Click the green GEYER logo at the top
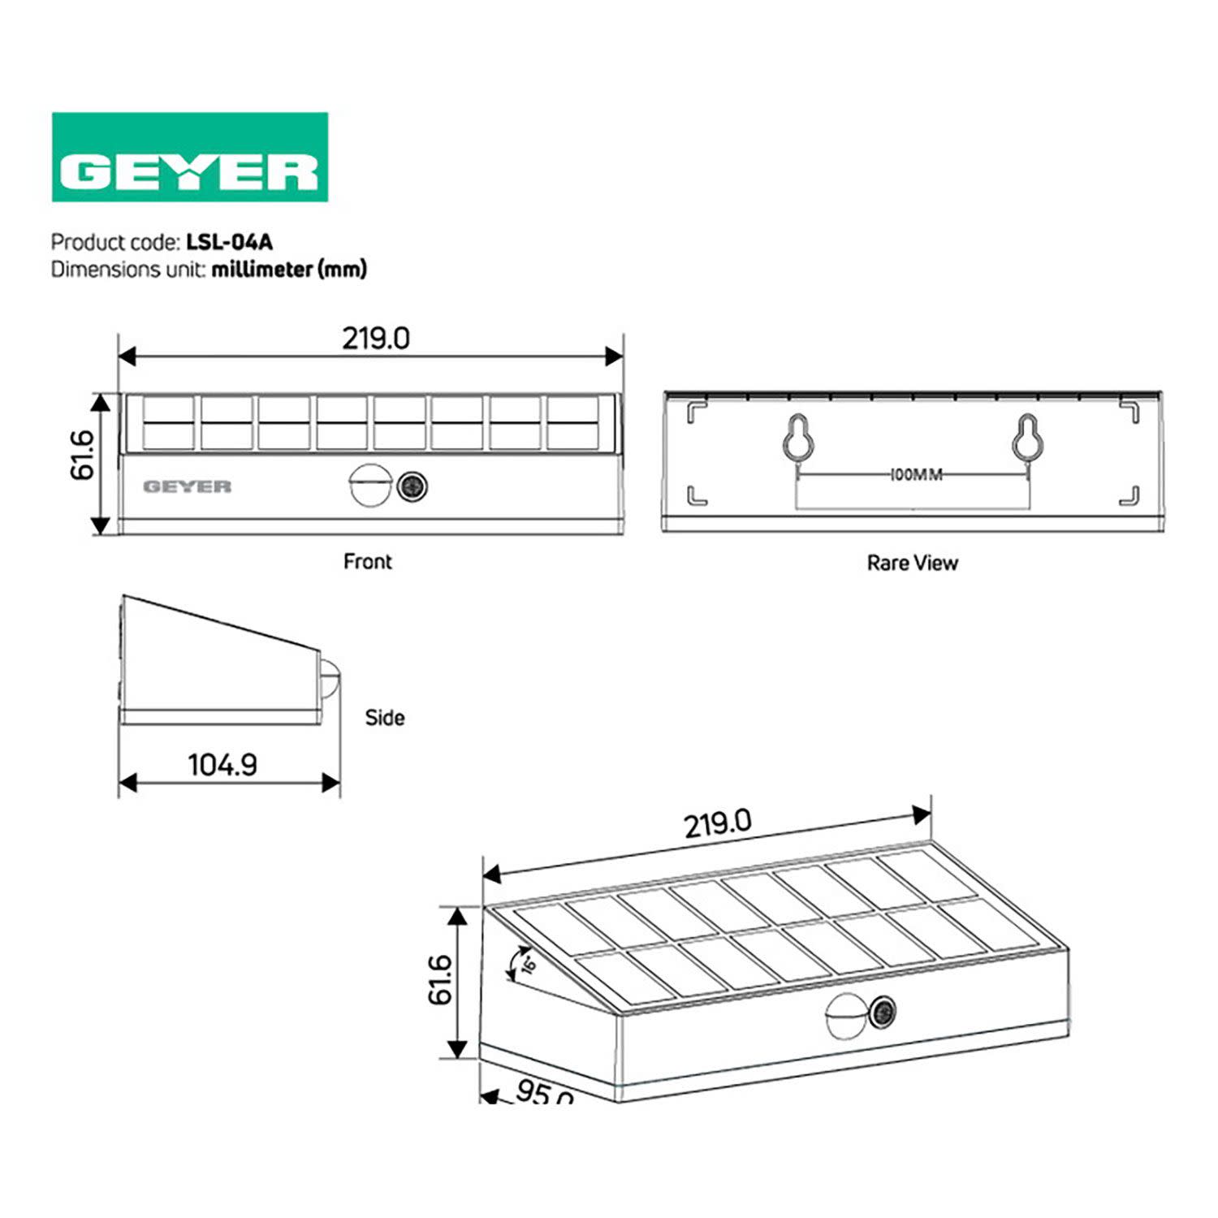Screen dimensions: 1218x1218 tap(189, 158)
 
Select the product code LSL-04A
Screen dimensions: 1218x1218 tap(229, 242)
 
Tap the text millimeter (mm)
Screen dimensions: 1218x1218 tap(289, 269)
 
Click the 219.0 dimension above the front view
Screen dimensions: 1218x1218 tap(375, 338)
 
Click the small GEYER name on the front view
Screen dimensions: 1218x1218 tap(187, 486)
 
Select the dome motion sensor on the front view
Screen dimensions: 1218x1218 tap(368, 486)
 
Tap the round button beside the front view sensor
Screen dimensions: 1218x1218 tap(412, 486)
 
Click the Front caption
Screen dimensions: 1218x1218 tap(367, 561)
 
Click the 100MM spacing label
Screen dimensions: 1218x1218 tap(915, 474)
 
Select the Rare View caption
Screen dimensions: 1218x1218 tap(912, 563)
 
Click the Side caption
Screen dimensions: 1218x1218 tap(384, 718)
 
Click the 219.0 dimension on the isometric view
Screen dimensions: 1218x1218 tap(717, 824)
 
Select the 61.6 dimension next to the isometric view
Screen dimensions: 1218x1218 tap(439, 979)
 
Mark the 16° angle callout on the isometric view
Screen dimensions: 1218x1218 tap(528, 964)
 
